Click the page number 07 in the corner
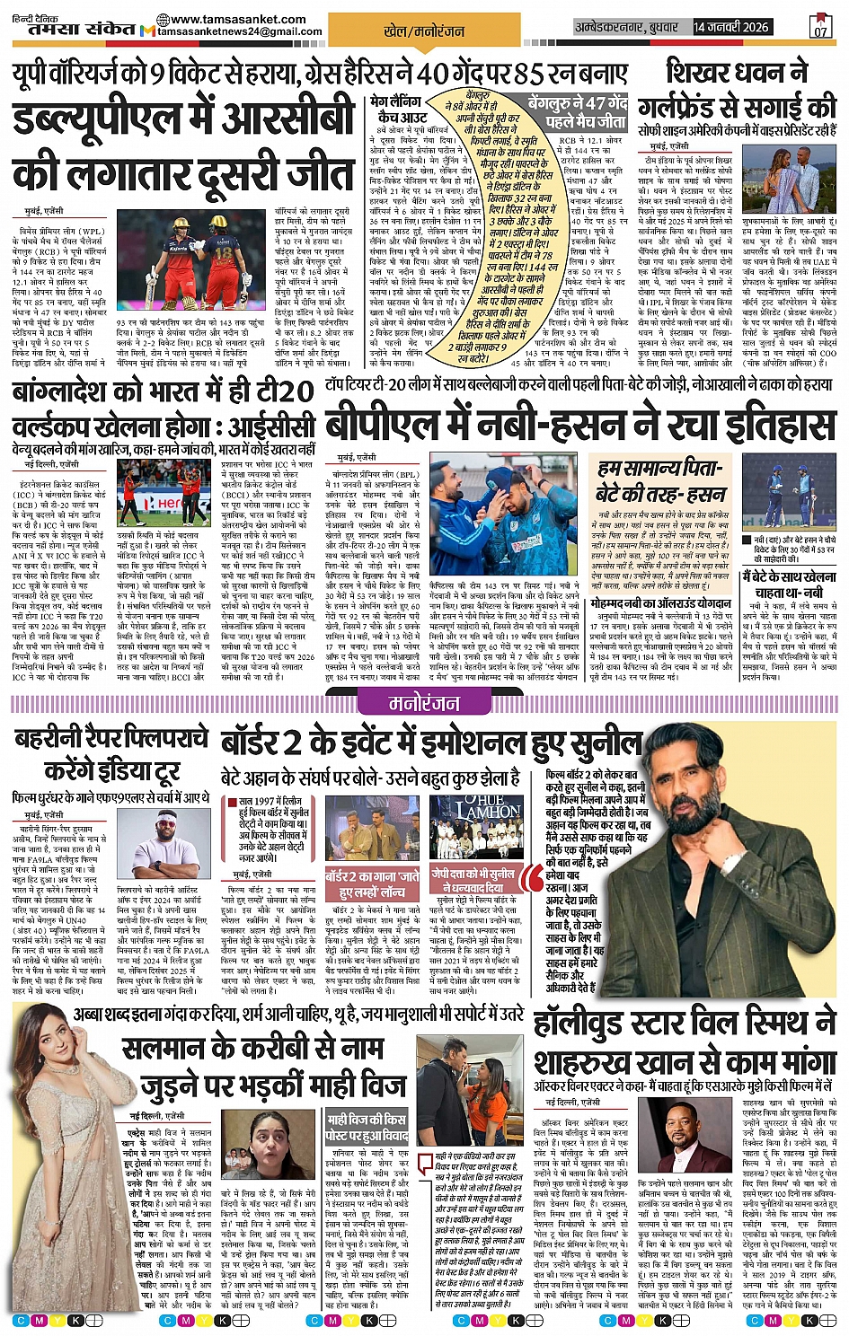coord(820,27)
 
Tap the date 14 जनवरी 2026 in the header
coord(730,27)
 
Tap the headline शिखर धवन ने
coord(737,72)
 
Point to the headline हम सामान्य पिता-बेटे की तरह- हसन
coord(660,481)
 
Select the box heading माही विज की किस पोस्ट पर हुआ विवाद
coord(366,1128)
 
